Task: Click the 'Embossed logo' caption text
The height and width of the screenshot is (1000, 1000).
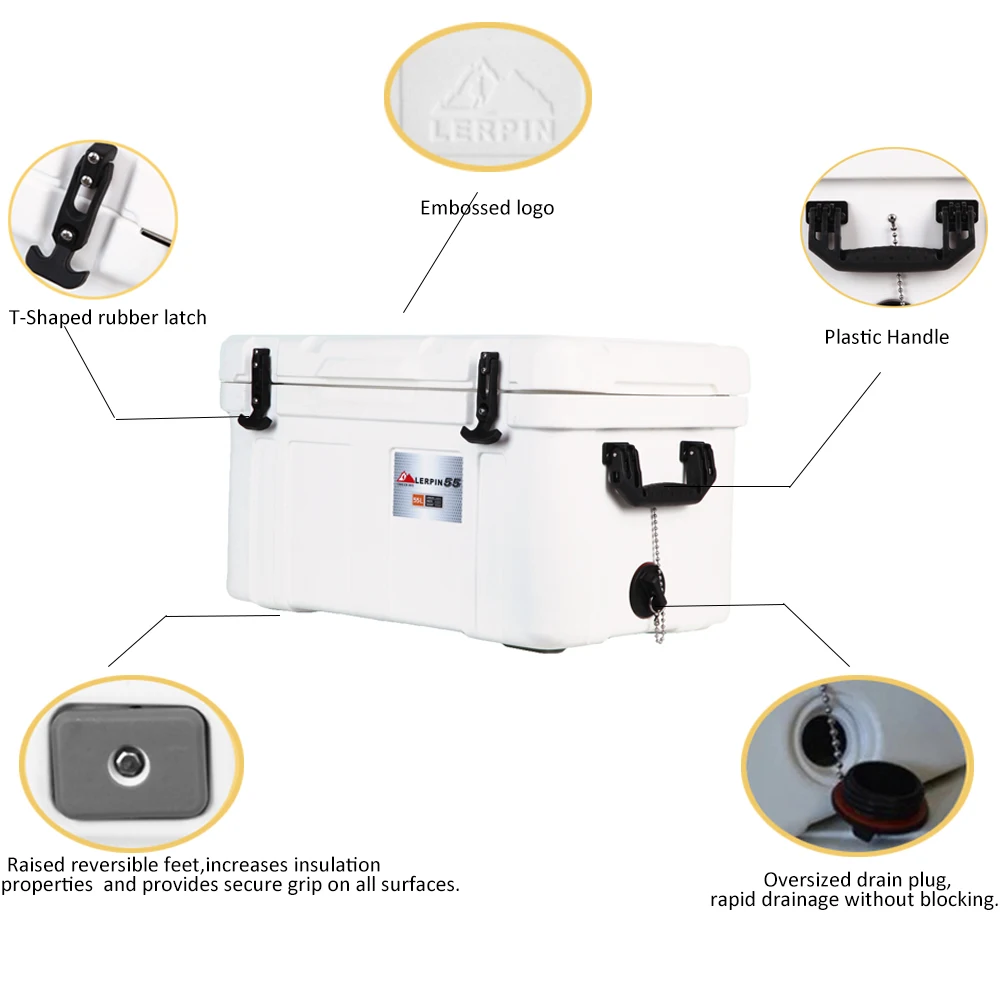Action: click(x=486, y=208)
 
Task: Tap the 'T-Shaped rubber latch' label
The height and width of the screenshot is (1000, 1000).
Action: click(x=107, y=318)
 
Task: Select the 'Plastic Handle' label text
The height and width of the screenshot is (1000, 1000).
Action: click(x=886, y=337)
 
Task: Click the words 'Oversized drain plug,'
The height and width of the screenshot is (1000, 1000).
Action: click(x=855, y=880)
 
